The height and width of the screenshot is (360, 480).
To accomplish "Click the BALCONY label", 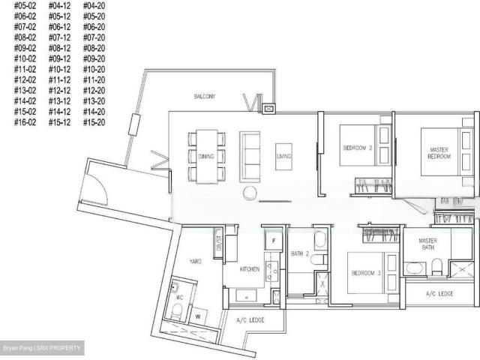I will pyautogui.click(x=204, y=97).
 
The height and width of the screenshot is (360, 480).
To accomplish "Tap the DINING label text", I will pyautogui.click(x=206, y=156).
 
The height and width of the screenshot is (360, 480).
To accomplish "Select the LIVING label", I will pyautogui.click(x=283, y=156).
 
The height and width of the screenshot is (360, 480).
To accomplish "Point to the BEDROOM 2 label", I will pyautogui.click(x=358, y=148).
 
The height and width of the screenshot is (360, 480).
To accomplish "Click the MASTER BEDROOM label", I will pyautogui.click(x=435, y=153).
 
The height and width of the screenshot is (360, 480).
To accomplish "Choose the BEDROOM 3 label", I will pyautogui.click(x=367, y=273).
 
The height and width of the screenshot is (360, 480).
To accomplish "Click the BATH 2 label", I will pyautogui.click(x=300, y=253).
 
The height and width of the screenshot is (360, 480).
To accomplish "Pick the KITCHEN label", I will pyautogui.click(x=249, y=268).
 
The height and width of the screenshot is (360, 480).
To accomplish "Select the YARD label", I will pyautogui.click(x=195, y=262).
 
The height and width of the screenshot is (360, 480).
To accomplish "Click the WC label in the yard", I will pyautogui.click(x=179, y=297).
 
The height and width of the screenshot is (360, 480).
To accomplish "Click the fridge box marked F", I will pyautogui.click(x=274, y=241).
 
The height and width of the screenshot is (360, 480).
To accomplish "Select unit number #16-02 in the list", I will pyautogui.click(x=25, y=121).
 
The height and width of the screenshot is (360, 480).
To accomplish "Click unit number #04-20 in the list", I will pyautogui.click(x=94, y=6).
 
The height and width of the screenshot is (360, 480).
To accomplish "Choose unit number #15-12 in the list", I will pyautogui.click(x=59, y=121).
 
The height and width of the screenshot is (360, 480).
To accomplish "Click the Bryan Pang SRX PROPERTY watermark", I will pyautogui.click(x=42, y=349).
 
